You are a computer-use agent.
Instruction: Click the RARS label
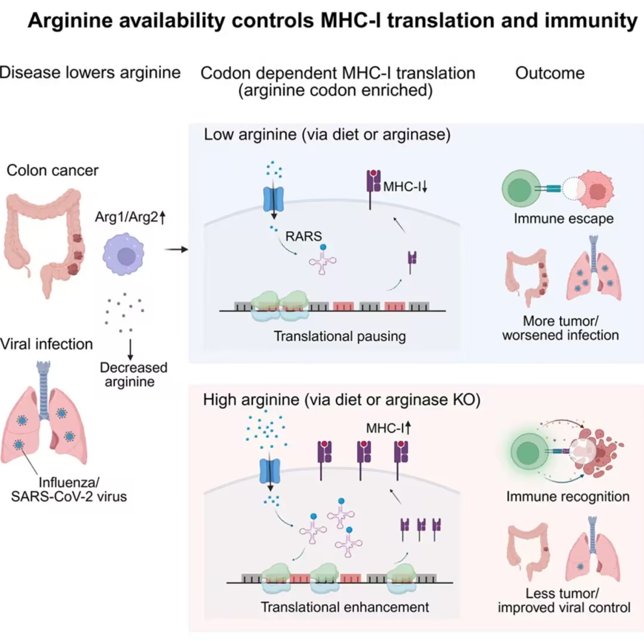(x=304, y=236)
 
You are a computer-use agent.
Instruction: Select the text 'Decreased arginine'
(x=134, y=374)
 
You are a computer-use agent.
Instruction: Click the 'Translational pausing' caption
(x=340, y=336)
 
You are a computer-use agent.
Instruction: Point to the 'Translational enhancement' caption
(x=345, y=606)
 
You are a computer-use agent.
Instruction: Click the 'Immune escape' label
(x=563, y=218)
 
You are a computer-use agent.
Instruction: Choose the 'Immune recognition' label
(x=568, y=497)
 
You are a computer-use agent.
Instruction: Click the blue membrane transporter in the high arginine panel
(x=270, y=471)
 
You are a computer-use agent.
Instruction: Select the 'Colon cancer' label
(x=52, y=170)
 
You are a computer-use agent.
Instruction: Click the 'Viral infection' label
(x=47, y=344)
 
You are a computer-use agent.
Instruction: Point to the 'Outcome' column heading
(x=550, y=73)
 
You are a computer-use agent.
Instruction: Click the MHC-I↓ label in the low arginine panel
(x=405, y=187)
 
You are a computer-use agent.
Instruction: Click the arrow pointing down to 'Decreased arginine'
(x=131, y=350)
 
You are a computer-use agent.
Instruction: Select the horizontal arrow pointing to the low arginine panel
(x=176, y=249)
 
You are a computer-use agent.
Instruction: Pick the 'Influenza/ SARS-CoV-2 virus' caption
(x=69, y=489)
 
